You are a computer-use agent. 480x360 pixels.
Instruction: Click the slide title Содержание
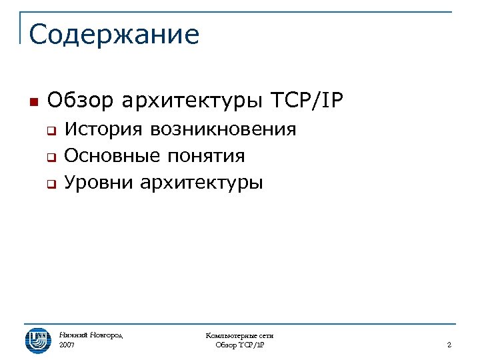click(114, 35)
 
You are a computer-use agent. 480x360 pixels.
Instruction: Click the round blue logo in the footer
click(37, 340)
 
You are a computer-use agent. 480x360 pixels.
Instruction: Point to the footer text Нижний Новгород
click(91, 335)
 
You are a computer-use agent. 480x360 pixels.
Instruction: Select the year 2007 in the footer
click(67, 345)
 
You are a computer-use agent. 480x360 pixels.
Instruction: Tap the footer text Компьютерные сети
click(240, 335)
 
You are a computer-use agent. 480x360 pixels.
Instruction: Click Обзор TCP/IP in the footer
click(240, 345)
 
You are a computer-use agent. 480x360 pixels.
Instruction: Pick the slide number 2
click(449, 345)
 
